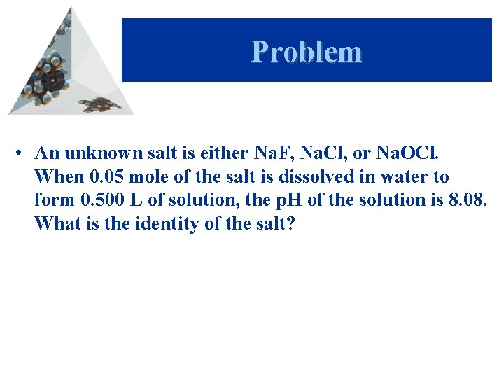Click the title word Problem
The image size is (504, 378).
307,52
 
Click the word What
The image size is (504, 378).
55,224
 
